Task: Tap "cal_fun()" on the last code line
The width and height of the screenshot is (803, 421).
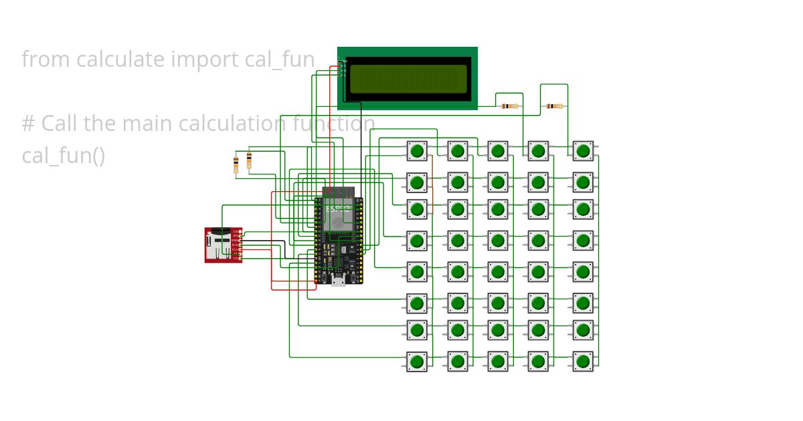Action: click(x=63, y=156)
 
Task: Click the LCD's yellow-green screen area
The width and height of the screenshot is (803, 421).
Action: click(x=408, y=79)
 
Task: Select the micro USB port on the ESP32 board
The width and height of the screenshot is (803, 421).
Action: click(x=339, y=281)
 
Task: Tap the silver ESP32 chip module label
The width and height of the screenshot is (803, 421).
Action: click(x=338, y=217)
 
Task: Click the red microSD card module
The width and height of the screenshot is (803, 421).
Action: click(x=222, y=245)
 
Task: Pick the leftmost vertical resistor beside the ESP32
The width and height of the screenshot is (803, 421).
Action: click(x=236, y=164)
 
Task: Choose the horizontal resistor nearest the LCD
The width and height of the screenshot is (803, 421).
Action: click(x=510, y=106)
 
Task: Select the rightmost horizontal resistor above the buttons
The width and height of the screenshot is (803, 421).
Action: click(x=554, y=106)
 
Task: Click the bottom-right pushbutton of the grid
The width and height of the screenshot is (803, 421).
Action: click(x=583, y=362)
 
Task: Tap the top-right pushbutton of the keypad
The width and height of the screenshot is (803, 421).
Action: click(x=583, y=150)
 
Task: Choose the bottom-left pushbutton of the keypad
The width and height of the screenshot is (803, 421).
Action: click(x=417, y=362)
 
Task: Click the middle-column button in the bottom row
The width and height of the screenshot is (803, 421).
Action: click(x=497, y=362)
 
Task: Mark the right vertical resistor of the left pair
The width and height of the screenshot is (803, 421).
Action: click(x=249, y=160)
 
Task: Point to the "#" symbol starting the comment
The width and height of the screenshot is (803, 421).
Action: click(x=28, y=124)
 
